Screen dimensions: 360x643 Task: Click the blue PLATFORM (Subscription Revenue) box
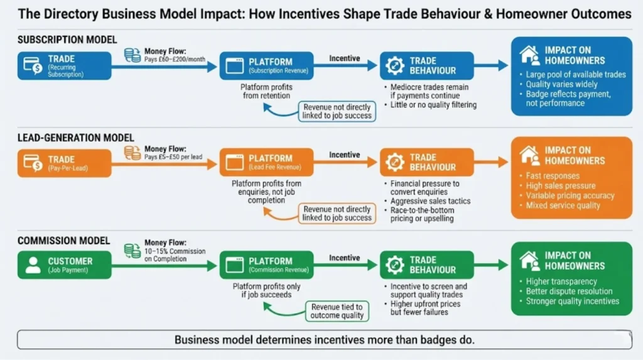pyautogui.click(x=266, y=65)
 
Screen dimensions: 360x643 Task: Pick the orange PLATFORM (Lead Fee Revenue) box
pyautogui.click(x=266, y=163)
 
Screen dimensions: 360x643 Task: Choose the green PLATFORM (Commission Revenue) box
pyautogui.click(x=266, y=265)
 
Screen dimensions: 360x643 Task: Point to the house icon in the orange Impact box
pyautogui.click(x=529, y=155)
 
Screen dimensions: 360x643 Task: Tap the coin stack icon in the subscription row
pyautogui.click(x=132, y=55)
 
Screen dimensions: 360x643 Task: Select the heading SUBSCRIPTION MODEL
pyautogui.click(x=67, y=40)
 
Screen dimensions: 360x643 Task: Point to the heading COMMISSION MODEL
pyautogui.click(x=64, y=241)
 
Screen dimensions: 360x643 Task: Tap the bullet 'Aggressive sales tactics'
pyautogui.click(x=430, y=201)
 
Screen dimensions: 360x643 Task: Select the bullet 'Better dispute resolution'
pyautogui.click(x=569, y=291)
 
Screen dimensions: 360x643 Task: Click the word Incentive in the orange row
pyautogui.click(x=345, y=155)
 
